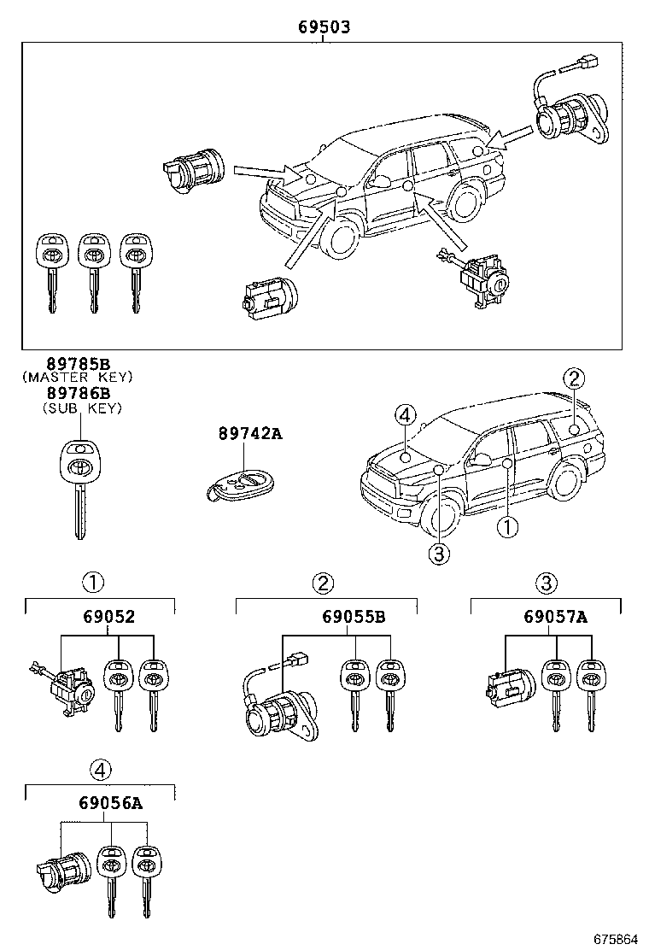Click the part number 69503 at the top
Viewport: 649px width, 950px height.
324,27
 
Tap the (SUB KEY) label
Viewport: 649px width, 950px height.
82,408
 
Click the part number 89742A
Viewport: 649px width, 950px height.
248,434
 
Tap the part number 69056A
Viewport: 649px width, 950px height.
110,804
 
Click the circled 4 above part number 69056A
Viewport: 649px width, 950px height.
101,771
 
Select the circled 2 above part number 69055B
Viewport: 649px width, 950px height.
323,583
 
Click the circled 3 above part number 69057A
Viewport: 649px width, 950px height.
546,583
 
